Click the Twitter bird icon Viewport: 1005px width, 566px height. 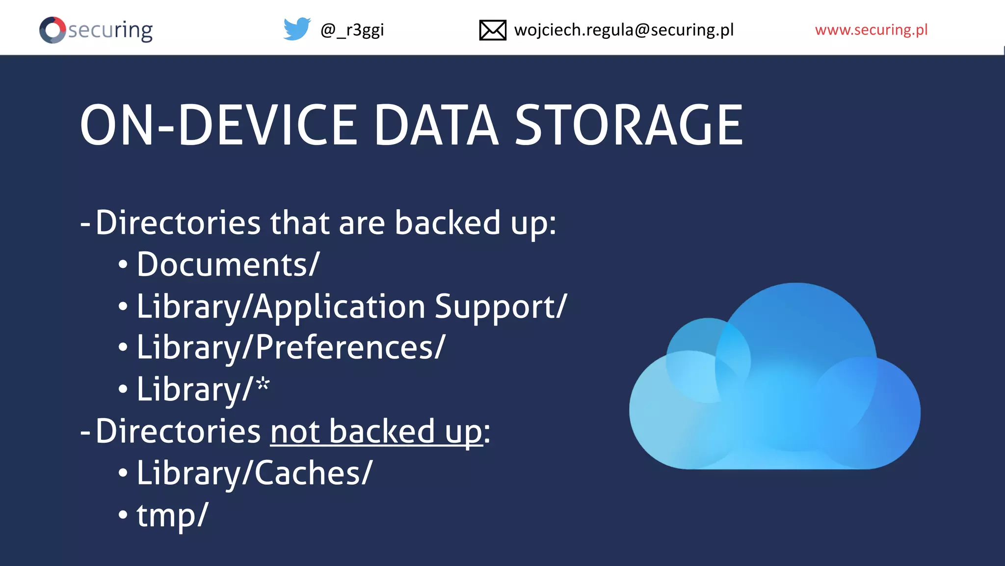click(297, 29)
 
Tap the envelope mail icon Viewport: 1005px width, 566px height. click(492, 30)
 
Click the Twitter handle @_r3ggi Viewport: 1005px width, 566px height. click(352, 30)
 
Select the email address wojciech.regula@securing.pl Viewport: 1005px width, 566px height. click(624, 30)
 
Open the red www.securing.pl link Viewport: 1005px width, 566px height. click(871, 30)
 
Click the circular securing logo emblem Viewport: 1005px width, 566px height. click(53, 30)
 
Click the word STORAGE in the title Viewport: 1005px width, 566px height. click(629, 126)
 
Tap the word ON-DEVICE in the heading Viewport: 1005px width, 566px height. click(219, 126)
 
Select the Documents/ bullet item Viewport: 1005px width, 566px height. click(228, 265)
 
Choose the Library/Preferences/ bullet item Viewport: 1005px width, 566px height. click(291, 348)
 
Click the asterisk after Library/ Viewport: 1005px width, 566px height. click(263, 384)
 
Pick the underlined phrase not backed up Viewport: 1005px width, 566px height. click(376, 432)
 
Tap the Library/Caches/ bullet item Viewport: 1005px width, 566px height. click(254, 473)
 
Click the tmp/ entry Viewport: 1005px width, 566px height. click(172, 515)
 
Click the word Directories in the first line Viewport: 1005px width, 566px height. click(178, 223)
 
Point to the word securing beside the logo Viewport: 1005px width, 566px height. click(110, 30)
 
